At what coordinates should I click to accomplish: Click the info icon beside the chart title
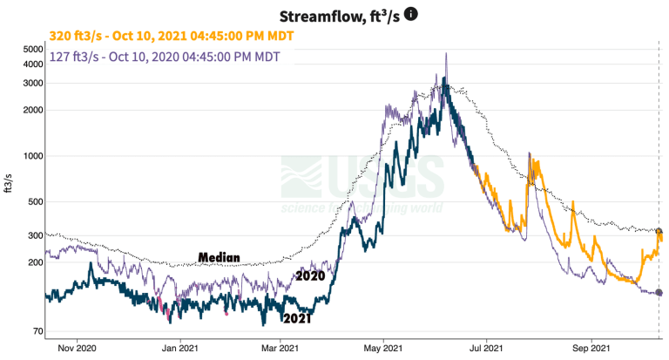tap(411, 15)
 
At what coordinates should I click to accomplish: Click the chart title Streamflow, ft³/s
tap(341, 16)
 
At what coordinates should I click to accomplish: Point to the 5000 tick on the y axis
tap(32, 49)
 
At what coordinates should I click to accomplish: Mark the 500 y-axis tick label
tap(35, 202)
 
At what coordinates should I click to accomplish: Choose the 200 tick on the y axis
tap(35, 262)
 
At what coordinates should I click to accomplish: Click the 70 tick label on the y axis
tap(37, 331)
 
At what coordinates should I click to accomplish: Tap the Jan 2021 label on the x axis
tap(180, 348)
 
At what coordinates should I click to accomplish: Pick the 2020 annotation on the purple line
tap(310, 275)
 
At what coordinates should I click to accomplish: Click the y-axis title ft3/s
tap(9, 184)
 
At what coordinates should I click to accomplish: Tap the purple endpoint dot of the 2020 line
tap(659, 293)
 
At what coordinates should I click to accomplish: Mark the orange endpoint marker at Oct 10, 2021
tap(659, 232)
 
